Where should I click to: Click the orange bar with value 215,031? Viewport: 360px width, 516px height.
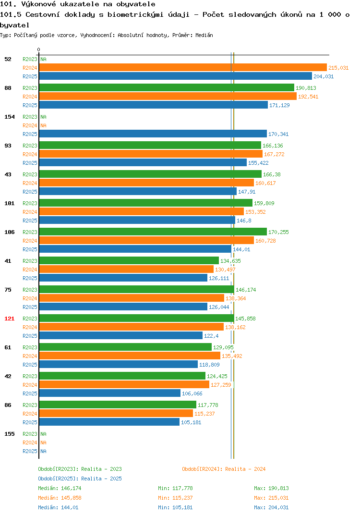click(x=183, y=67)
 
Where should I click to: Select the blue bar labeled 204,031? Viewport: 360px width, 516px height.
click(x=176, y=76)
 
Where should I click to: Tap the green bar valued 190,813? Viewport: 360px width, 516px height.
click(x=167, y=87)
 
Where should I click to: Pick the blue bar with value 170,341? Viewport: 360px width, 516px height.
click(x=153, y=134)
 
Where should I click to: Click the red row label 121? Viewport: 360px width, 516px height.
click(x=10, y=319)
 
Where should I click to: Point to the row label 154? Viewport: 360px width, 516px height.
click(x=10, y=117)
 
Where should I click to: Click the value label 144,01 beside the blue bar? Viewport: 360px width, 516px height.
click(x=241, y=249)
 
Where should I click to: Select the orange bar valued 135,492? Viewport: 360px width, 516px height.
click(x=130, y=356)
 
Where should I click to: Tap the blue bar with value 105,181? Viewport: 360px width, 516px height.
click(x=109, y=422)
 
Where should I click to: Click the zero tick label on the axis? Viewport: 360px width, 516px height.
click(x=39, y=49)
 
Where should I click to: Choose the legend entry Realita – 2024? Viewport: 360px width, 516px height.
click(x=224, y=469)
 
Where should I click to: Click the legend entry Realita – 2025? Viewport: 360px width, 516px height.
click(x=80, y=479)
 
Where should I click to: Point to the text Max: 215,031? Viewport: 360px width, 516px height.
click(x=271, y=498)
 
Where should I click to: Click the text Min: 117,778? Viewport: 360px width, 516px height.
click(x=175, y=488)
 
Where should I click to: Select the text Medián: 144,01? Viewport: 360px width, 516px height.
click(x=58, y=507)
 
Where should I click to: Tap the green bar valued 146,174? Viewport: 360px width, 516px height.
click(x=136, y=289)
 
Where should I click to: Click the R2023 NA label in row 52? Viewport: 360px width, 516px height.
click(x=35, y=59)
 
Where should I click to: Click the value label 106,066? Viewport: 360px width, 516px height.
click(x=192, y=393)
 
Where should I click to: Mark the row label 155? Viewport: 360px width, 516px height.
click(x=10, y=434)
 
